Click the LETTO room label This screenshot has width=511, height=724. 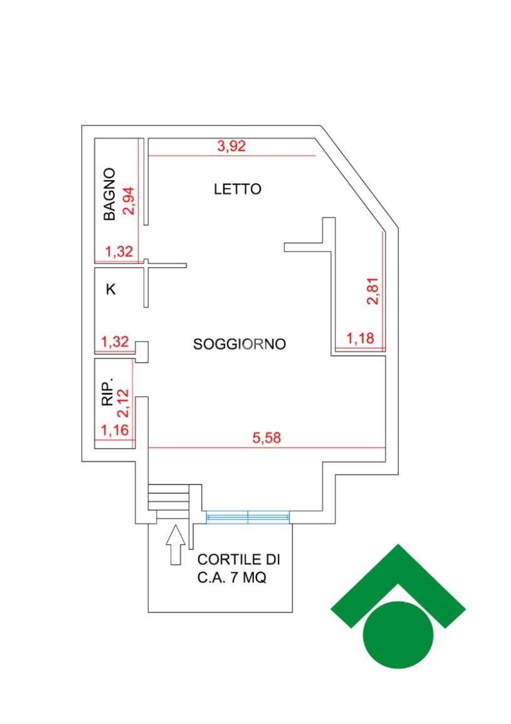point(237,189)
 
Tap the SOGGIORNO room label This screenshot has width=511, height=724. point(240,344)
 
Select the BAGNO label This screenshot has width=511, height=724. point(109,194)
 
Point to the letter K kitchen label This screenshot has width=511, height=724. point(111,289)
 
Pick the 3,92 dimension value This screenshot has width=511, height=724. point(231,146)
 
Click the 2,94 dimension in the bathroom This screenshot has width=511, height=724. point(128,200)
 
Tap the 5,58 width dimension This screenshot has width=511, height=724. point(266,438)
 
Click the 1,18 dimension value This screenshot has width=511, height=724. point(360,338)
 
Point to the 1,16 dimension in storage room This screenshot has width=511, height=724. point(115,431)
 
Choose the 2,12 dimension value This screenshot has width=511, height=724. point(124,403)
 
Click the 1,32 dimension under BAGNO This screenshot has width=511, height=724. point(119,252)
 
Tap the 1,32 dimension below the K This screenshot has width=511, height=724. point(115,342)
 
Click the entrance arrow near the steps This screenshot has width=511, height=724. point(176,545)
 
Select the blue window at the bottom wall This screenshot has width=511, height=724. point(248,517)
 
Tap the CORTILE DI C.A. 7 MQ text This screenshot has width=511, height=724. point(239,568)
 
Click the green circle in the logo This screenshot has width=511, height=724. point(398,634)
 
